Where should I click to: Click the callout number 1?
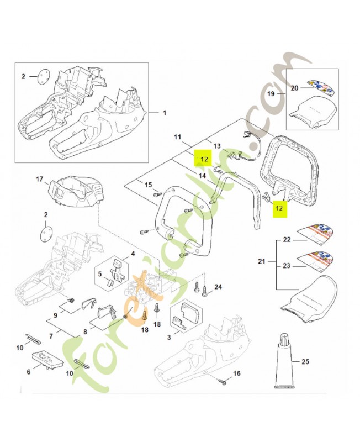coord(165,113)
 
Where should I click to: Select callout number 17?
coord(39,178)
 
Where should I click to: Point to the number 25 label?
coord(305,361)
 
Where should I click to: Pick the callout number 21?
coord(262,261)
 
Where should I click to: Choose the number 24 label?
coord(218,287)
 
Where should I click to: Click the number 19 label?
coord(271,93)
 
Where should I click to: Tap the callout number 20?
coord(294,88)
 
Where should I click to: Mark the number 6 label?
coord(29,372)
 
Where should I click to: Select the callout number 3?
coord(169,337)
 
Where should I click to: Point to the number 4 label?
coord(133,254)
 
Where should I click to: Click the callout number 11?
coord(177,137)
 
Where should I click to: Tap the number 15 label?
coord(148,185)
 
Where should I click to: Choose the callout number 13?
coord(217,146)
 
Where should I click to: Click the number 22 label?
coord(287,239)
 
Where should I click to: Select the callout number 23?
coord(287,266)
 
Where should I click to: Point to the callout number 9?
coord(55,315)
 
